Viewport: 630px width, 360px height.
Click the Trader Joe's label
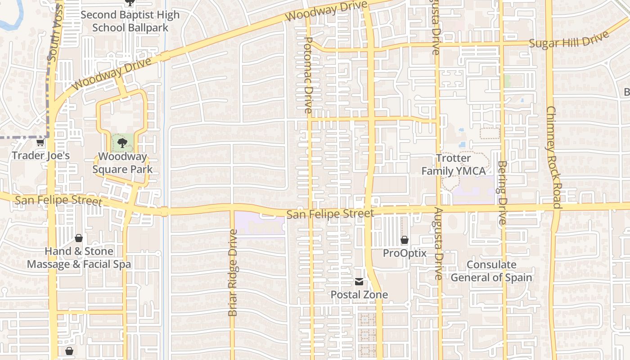coord(40,156)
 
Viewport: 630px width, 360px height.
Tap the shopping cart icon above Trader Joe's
coord(40,143)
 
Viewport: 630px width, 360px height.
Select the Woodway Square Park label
coord(122,163)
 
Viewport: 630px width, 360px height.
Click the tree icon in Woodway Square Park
coord(121,144)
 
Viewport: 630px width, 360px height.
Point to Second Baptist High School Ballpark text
coord(130,21)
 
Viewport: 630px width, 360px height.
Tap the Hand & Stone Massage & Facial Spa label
coord(79,258)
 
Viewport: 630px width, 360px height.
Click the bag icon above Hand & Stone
coord(79,238)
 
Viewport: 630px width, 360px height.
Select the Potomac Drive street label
coord(308,75)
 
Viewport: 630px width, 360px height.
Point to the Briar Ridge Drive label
coord(233,273)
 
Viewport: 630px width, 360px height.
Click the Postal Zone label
coord(359,295)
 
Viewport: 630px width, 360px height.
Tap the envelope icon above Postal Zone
coord(359,282)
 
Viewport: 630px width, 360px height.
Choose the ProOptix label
coord(405,253)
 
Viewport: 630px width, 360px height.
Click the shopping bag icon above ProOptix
coord(405,240)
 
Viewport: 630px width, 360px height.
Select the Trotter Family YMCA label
coord(453,165)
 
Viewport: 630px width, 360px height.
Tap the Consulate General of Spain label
coord(491,271)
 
